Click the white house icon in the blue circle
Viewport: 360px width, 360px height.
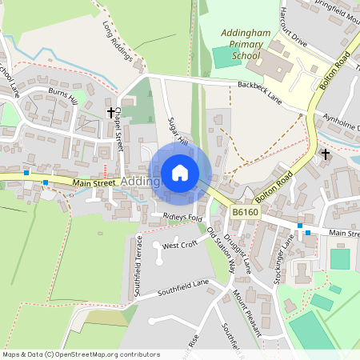[x=180, y=173]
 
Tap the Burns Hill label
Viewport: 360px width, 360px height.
[x=62, y=98]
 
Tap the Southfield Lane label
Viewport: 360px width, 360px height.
[x=183, y=287]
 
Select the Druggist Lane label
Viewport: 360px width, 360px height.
[x=242, y=254]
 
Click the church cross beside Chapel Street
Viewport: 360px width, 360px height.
[x=111, y=113]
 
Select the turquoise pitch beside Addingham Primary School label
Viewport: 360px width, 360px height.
[x=225, y=57]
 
